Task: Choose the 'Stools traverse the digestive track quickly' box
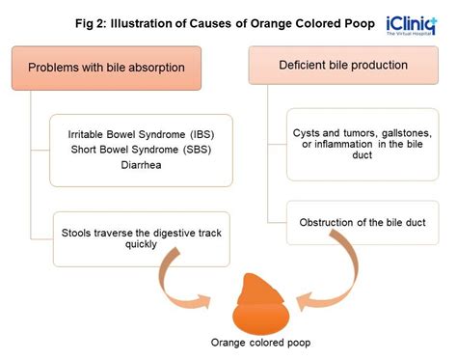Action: [141, 238]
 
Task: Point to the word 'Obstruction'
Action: [328, 223]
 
